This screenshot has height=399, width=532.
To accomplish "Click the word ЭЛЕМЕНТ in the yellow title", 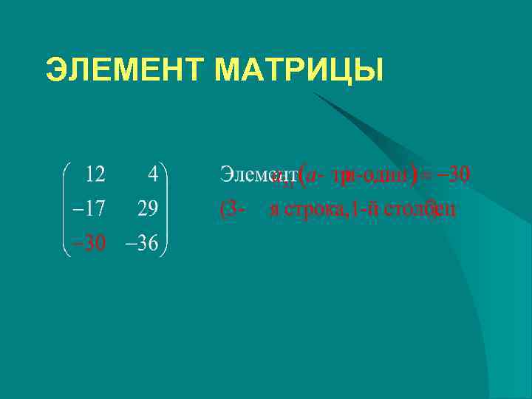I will (x=125, y=71).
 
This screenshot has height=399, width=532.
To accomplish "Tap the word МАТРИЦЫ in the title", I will (x=299, y=71).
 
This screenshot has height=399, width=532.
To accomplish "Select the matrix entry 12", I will (x=95, y=174).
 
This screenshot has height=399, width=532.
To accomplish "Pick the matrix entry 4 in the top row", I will (x=152, y=174).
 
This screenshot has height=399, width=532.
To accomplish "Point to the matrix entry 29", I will (x=146, y=209).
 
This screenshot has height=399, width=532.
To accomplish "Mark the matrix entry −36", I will (x=142, y=244).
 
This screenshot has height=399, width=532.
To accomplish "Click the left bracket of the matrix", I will (x=65, y=209).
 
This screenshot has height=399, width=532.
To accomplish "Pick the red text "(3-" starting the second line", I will (x=231, y=209).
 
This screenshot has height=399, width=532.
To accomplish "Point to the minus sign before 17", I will (x=74, y=210).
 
